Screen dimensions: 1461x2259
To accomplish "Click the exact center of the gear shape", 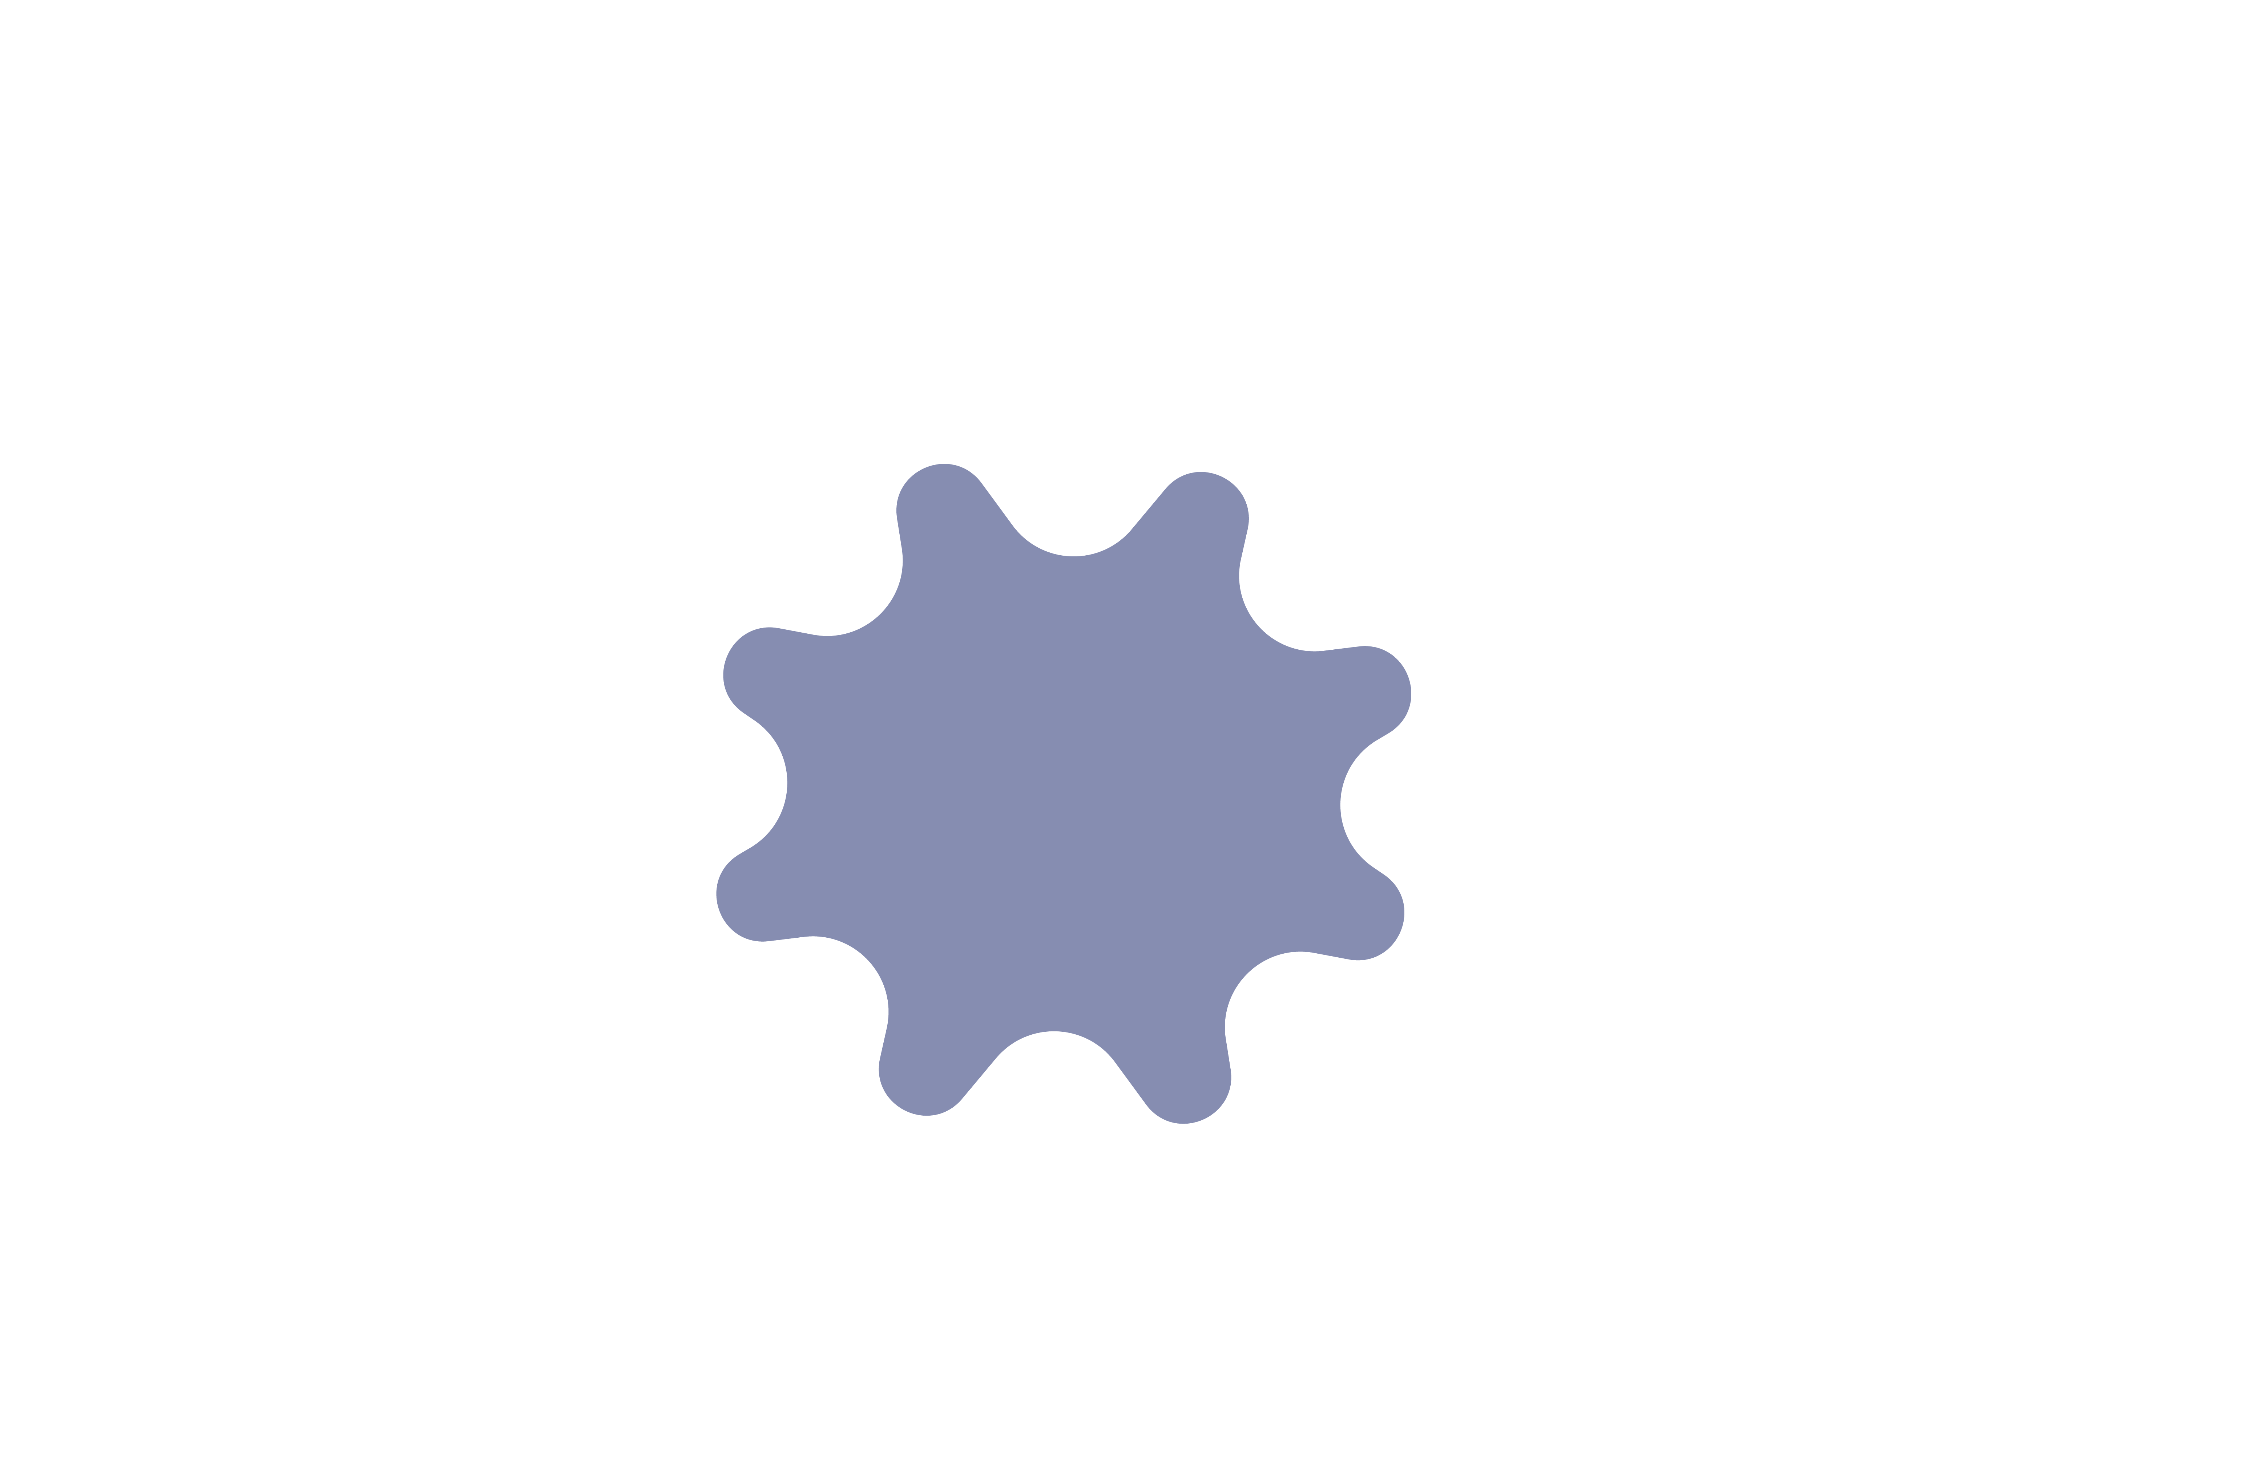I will click(1064, 794).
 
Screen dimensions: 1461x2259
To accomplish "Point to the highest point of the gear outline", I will click(944, 464).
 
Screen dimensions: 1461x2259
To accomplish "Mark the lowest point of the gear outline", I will click(1183, 1124).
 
